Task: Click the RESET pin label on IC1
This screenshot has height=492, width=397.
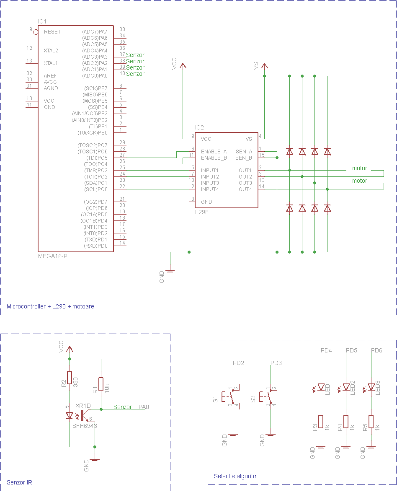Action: tap(52, 32)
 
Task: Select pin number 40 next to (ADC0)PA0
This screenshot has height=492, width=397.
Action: tap(122, 73)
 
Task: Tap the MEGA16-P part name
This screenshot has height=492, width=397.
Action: tap(52, 256)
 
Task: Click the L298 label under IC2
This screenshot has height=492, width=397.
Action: tap(202, 212)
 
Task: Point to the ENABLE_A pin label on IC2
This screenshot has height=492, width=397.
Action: tap(214, 151)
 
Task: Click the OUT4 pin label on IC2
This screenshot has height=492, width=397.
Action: tap(245, 189)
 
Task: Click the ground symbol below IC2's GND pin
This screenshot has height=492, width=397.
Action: tap(170, 271)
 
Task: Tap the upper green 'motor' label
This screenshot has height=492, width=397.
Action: tap(359, 168)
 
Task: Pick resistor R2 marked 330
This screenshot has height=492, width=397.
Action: tap(70, 378)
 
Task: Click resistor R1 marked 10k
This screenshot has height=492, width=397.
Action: tap(101, 384)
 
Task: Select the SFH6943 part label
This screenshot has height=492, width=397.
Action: tap(85, 425)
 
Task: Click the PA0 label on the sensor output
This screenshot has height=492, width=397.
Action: tap(144, 407)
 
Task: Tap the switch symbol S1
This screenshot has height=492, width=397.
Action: tap(229, 396)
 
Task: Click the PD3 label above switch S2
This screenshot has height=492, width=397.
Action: tap(276, 363)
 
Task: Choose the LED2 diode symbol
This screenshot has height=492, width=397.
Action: tap(346, 387)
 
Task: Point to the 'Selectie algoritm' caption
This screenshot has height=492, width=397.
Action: tap(235, 476)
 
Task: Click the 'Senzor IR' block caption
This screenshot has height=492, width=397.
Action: tap(19, 482)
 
